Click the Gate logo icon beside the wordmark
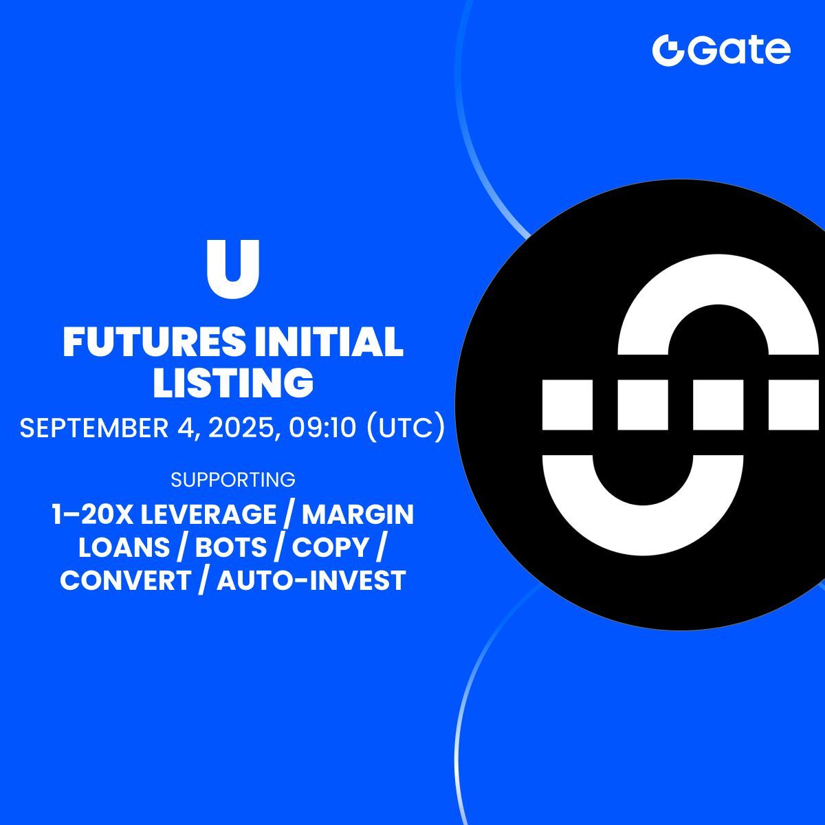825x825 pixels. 669,50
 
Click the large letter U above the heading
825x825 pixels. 233,269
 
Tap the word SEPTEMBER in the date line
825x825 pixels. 94,428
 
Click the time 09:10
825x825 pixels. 322,428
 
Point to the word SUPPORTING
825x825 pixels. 233,479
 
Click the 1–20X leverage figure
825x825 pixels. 93,514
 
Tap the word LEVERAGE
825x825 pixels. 208,514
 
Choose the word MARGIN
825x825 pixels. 358,514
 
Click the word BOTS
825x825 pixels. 231,547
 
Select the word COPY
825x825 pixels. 331,547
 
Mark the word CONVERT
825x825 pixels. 125,580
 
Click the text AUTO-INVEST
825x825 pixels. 311,580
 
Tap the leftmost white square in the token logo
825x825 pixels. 567,404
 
